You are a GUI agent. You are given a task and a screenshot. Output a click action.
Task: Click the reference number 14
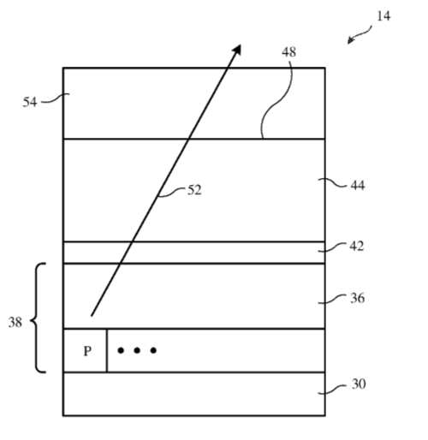pos(383,16)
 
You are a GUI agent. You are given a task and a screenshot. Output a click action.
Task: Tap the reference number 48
pos(288,52)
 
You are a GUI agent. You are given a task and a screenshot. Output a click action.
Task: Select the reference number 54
pos(30,102)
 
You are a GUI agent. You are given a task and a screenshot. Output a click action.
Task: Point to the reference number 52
pos(194,190)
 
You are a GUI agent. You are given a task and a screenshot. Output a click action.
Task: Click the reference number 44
pos(358,186)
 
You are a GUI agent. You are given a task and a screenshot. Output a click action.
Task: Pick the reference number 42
pos(357,246)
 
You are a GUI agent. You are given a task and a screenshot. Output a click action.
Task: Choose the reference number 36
pos(357,298)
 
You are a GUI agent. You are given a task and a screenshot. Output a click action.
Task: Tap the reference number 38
pos(15,323)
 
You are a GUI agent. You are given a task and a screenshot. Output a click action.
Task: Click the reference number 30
pos(359,384)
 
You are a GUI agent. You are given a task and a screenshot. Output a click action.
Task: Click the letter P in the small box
pos(87,351)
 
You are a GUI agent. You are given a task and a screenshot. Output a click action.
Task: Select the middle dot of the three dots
pos(137,350)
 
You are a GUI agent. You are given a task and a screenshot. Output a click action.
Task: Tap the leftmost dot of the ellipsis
pos(121,350)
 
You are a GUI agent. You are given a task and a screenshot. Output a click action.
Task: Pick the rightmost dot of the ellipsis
pos(153,350)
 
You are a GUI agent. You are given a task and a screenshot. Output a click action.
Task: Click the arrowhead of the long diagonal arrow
pos(238,49)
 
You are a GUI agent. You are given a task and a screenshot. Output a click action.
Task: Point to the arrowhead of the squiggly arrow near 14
pos(350,41)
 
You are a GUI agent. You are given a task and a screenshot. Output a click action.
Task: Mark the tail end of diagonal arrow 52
pos(92,316)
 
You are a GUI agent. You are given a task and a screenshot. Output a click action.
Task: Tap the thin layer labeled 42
pos(194,253)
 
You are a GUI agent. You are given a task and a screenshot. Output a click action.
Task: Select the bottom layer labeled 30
pos(194,394)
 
